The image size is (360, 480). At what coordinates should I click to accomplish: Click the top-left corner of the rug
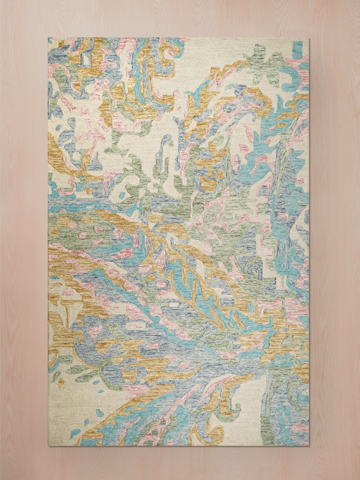coord(48,38)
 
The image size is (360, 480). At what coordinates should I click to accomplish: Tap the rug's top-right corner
coord(309,38)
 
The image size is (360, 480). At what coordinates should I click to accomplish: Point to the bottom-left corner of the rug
coord(48,446)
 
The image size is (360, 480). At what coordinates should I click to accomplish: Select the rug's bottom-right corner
coord(309,446)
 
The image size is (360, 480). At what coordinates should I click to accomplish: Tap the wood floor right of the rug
coord(335,242)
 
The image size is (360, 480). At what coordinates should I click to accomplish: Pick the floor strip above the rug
coord(180,18)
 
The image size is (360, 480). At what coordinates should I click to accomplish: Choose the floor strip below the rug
coord(180,463)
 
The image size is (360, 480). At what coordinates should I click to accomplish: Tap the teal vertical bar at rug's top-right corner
coord(298,49)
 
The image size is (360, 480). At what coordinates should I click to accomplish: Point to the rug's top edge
coord(180,38)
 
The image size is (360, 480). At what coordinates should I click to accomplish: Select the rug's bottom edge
coord(180,446)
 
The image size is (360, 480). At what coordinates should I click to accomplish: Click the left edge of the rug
coord(48,242)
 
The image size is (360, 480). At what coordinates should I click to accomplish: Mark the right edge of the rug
coord(309,242)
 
